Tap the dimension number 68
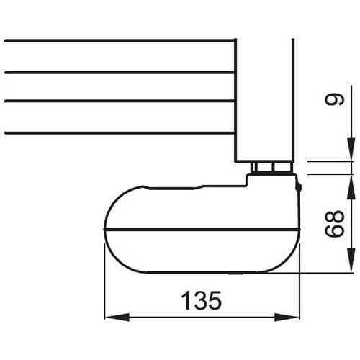[332, 225]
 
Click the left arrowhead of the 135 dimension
[112, 318]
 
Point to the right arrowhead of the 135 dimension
[292, 318]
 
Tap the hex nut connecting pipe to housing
[271, 168]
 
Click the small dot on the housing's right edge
[297, 189]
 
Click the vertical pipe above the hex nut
[264, 101]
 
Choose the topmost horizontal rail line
[119, 41]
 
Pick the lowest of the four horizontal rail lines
[119, 132]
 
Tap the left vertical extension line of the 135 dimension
[104, 288]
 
